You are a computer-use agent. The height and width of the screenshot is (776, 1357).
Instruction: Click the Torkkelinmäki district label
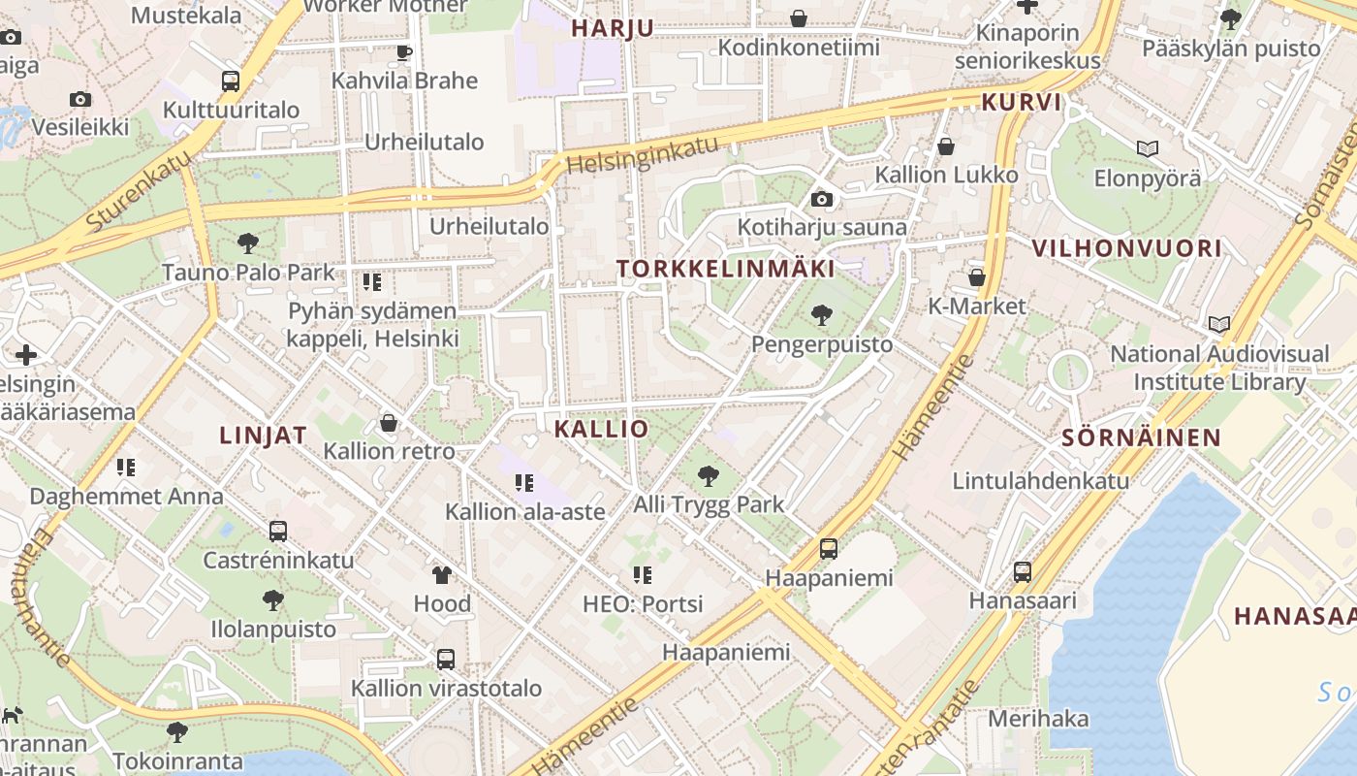click(726, 269)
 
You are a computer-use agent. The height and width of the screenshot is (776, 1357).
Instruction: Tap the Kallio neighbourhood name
click(601, 429)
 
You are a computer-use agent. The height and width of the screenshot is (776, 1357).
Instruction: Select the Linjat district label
click(263, 435)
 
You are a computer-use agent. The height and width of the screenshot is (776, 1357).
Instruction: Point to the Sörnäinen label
click(1141, 436)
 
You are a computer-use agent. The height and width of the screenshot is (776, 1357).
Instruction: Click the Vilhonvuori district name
click(1126, 247)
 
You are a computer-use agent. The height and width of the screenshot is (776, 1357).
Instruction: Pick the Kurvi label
click(1022, 103)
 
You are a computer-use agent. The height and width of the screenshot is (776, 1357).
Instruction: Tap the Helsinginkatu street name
click(644, 155)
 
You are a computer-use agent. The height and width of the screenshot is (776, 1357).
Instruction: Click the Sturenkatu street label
click(138, 194)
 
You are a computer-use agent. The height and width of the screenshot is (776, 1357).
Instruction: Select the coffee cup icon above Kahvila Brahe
click(404, 52)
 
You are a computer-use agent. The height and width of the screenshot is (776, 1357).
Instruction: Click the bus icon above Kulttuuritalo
click(231, 81)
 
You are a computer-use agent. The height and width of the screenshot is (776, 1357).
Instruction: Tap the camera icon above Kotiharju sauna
click(822, 200)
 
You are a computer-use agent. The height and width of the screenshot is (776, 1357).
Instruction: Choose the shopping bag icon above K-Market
click(976, 277)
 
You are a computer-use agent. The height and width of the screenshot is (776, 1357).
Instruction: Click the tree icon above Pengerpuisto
click(822, 314)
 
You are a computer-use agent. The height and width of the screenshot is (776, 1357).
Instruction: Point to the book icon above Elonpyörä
click(1148, 148)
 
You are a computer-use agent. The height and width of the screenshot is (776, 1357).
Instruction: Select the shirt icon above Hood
click(442, 575)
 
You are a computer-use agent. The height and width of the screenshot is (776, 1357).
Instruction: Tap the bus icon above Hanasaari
click(1023, 572)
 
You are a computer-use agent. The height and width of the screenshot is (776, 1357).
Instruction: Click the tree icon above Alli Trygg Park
click(709, 475)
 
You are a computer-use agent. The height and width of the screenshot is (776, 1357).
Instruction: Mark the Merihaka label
click(1038, 719)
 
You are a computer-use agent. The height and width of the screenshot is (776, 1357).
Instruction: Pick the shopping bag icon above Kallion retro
click(389, 423)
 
